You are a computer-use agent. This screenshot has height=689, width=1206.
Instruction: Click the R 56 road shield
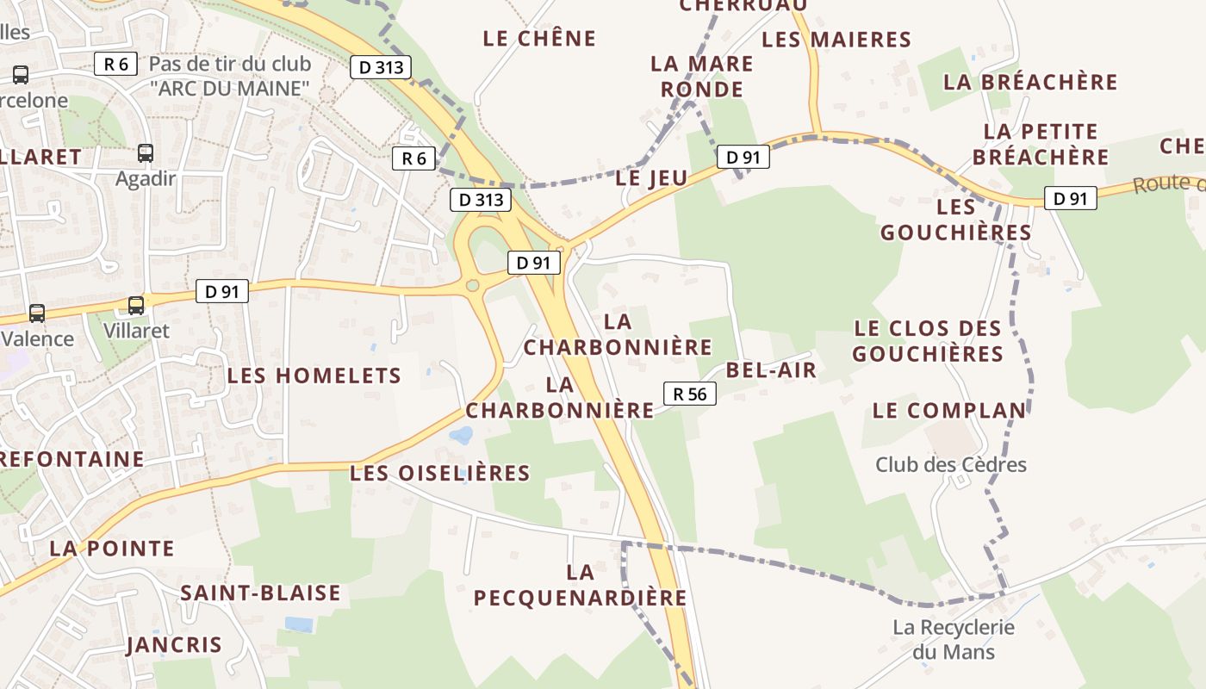(x=690, y=394)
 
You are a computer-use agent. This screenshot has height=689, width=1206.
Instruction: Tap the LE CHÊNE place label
(x=539, y=39)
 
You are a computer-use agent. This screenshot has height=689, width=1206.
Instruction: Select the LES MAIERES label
(x=836, y=40)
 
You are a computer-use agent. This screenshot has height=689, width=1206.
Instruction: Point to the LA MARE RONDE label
(x=702, y=77)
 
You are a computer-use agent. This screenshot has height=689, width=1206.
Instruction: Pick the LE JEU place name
(x=652, y=178)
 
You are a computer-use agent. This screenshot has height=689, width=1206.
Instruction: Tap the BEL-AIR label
(x=771, y=370)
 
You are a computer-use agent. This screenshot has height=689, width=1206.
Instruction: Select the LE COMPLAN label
(x=949, y=411)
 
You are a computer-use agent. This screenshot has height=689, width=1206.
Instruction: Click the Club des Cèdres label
(x=951, y=465)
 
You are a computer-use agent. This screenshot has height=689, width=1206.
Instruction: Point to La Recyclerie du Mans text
(x=954, y=639)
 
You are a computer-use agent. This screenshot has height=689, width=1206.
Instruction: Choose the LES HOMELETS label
(x=314, y=376)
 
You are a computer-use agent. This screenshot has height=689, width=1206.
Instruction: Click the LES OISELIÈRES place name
(x=440, y=473)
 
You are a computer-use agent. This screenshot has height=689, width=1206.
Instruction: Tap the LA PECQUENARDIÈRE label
(x=581, y=585)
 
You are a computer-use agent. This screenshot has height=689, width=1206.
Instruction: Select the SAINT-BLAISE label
(x=260, y=593)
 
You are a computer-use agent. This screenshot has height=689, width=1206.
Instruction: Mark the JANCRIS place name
(x=174, y=645)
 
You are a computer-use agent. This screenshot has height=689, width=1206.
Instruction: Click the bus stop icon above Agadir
(x=146, y=153)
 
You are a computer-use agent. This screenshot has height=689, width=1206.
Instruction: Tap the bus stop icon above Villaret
(x=136, y=306)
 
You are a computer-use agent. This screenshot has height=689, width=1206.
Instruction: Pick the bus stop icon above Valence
(x=37, y=313)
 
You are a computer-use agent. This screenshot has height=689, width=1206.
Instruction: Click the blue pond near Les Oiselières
(x=462, y=435)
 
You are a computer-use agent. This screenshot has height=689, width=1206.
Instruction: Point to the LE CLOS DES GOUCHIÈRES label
(x=928, y=341)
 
